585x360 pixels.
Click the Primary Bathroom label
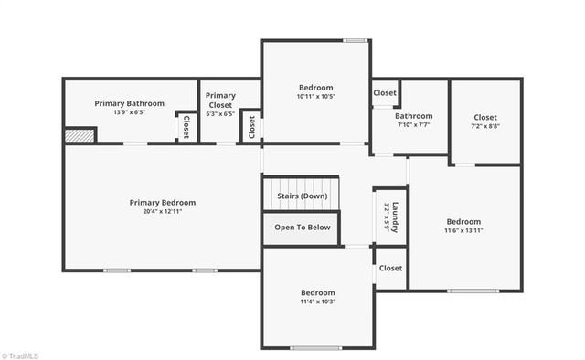(x=130, y=103)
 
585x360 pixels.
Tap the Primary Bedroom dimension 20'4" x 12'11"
(x=163, y=212)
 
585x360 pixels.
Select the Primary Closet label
(x=220, y=99)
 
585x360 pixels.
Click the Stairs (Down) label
(x=302, y=196)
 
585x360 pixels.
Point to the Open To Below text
(x=303, y=228)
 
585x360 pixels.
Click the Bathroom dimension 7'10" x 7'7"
(x=413, y=125)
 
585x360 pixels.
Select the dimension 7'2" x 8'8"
(x=485, y=126)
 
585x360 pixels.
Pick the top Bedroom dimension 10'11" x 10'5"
(x=316, y=96)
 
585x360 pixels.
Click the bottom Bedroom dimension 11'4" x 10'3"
(x=318, y=302)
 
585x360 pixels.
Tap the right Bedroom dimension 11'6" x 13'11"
(x=463, y=230)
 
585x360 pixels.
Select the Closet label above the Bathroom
(x=385, y=92)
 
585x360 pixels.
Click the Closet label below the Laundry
(x=390, y=268)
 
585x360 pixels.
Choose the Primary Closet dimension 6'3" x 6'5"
(x=220, y=114)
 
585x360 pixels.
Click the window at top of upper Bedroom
(x=355, y=40)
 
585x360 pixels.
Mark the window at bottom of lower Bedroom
(x=317, y=348)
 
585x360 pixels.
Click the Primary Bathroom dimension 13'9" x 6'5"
(x=130, y=112)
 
